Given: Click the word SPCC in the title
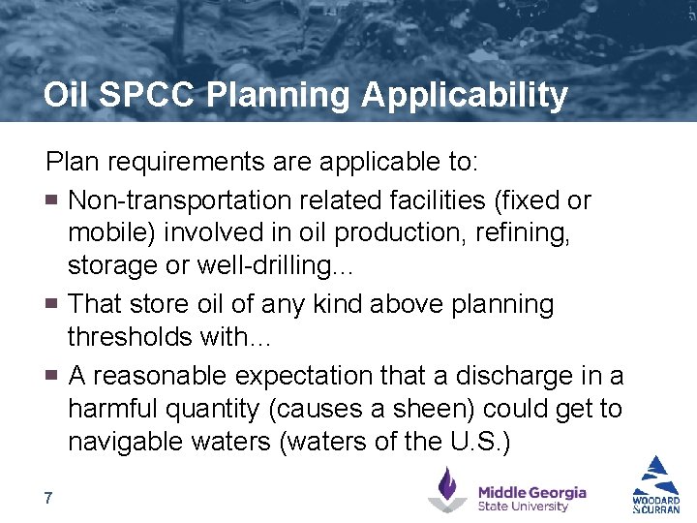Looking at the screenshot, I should pyautogui.click(x=156, y=95).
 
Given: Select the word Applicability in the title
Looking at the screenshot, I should pyautogui.click(x=464, y=95).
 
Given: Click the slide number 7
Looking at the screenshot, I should pyautogui.click(x=48, y=498).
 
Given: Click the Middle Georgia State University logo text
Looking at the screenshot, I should pyautogui.click(x=531, y=499).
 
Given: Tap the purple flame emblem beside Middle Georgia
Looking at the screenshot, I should pyautogui.click(x=447, y=490).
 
